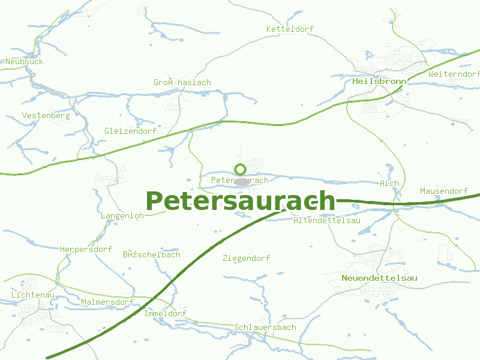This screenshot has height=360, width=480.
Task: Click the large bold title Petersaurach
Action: (240, 200)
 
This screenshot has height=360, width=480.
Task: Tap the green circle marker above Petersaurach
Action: (241, 169)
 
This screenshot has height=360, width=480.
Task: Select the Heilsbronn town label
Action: (380, 81)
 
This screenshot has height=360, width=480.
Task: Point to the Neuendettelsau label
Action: (379, 278)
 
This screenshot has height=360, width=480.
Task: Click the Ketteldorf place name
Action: (290, 29)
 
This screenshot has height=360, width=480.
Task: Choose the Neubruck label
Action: (25, 62)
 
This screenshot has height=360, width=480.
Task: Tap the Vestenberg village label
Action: (46, 115)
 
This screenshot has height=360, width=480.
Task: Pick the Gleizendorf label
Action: (130, 131)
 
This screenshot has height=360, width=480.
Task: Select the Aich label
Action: (389, 183)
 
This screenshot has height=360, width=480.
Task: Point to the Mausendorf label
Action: (443, 191)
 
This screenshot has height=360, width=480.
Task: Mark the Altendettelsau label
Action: (326, 221)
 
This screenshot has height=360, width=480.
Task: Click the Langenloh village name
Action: (122, 215)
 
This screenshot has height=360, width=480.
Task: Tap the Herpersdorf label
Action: (86, 249)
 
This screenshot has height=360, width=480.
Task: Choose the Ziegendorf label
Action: (246, 259)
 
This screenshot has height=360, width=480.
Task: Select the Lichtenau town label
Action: (33, 295)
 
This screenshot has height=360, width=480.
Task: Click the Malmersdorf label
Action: (107, 302)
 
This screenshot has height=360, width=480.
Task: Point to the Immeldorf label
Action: (165, 314)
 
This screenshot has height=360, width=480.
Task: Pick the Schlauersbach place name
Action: (265, 327)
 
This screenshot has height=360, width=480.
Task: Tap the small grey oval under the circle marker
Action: (241, 181)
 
